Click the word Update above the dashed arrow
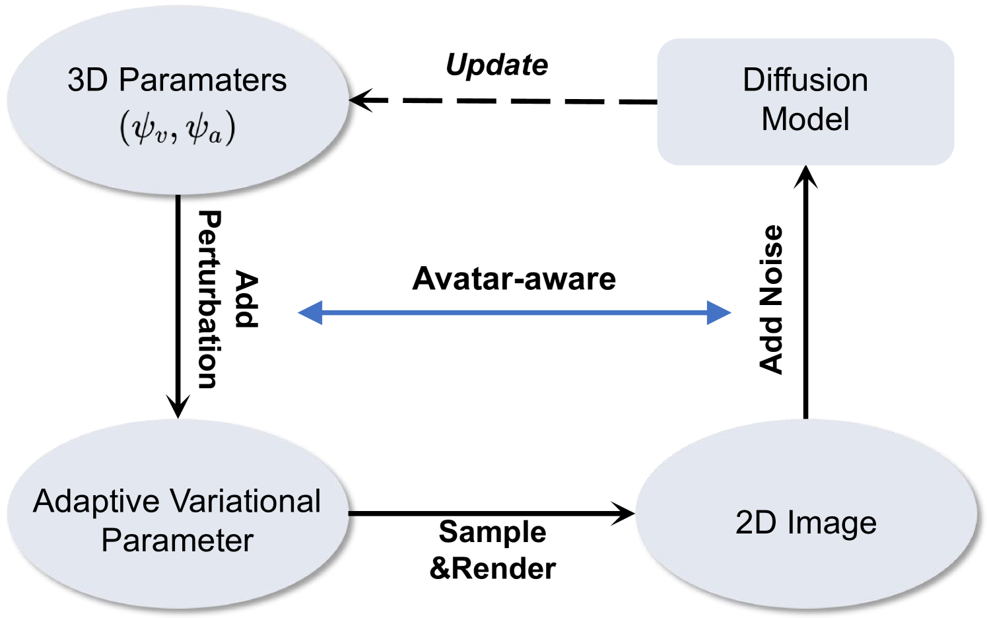point(496,65)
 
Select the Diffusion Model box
point(805,101)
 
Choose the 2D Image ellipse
point(805,522)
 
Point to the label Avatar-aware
point(514,279)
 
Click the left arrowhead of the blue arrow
point(310,312)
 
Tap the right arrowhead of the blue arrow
point(720,312)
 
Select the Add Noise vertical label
point(770,300)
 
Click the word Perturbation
point(209,300)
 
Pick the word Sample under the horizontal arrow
point(493,532)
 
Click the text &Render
point(493,568)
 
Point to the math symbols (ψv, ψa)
point(177,128)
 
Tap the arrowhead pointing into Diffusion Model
point(805,176)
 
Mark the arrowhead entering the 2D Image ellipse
point(624,513)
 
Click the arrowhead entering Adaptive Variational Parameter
point(178,407)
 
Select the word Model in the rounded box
point(805,120)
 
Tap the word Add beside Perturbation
point(246,300)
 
